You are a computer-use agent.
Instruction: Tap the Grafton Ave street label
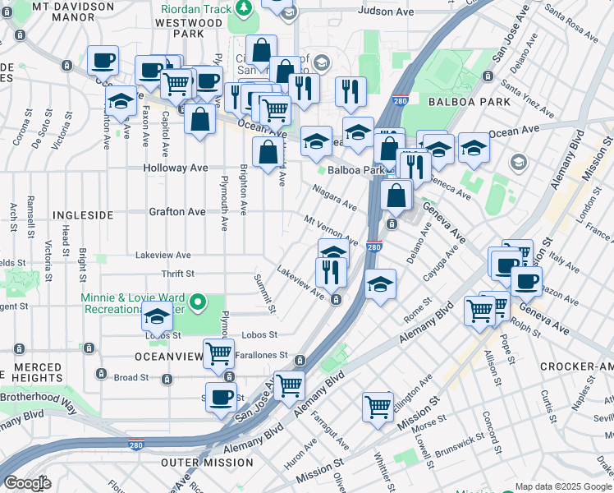pyautogui.click(x=176, y=211)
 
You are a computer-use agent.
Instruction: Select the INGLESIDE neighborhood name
pyautogui.click(x=83, y=214)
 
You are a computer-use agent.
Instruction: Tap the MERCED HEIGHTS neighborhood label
pyautogui.click(x=37, y=372)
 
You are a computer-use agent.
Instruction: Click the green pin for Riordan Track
pyautogui.click(x=243, y=8)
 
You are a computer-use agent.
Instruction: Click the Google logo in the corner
pyautogui.click(x=27, y=483)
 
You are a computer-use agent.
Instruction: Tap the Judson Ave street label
pyautogui.click(x=387, y=12)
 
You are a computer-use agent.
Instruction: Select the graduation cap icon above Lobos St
pyautogui.click(x=156, y=316)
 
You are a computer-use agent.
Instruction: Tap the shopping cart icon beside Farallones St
pyautogui.click(x=218, y=353)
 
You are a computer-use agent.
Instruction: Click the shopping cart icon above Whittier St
pyautogui.click(x=378, y=406)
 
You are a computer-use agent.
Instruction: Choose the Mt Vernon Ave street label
pyautogui.click(x=330, y=230)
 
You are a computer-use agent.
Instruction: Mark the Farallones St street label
pyautogui.click(x=261, y=356)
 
